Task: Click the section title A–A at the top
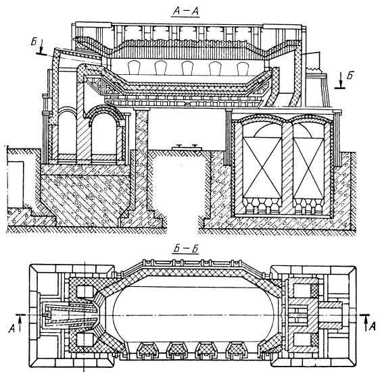[186, 11]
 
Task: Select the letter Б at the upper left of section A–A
[34, 42]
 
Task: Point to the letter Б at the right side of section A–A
[350, 76]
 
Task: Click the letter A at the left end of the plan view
[11, 329]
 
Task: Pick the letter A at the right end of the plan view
[372, 327]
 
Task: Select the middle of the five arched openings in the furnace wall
[187, 68]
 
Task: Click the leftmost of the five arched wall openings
[133, 68]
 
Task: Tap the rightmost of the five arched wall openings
[243, 68]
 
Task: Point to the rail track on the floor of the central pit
[187, 147]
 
